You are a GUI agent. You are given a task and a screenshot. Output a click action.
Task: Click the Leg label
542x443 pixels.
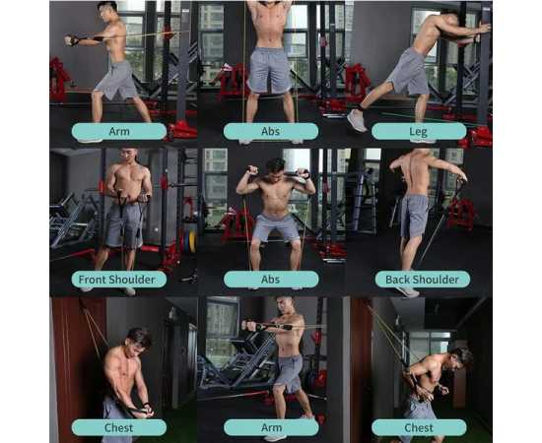(x=419, y=132)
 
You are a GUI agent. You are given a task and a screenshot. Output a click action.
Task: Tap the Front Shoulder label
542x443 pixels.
(x=118, y=280)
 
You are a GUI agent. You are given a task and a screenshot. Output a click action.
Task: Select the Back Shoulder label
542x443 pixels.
(x=423, y=280)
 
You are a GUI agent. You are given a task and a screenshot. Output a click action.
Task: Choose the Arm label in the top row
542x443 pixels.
(x=119, y=132)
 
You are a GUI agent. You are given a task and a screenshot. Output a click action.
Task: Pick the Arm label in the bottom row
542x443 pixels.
(x=271, y=428)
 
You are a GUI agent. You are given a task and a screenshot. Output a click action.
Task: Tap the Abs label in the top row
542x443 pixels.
(x=271, y=132)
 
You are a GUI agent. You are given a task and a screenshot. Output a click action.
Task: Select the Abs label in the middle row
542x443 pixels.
(x=271, y=280)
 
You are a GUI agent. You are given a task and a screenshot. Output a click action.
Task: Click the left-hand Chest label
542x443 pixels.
(x=119, y=428)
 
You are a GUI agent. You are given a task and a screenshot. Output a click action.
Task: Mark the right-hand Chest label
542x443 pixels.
(x=419, y=428)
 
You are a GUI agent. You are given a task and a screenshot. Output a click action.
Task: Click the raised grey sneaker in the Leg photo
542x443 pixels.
(x=357, y=120)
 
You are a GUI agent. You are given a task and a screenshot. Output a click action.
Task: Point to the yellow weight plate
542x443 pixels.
(x=192, y=239)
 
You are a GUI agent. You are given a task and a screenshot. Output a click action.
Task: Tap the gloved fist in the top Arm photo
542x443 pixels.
(x=71, y=40)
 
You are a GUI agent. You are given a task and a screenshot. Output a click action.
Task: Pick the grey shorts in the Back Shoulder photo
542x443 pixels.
(x=414, y=216)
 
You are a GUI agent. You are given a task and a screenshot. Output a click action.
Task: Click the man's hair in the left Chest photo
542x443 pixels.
(x=139, y=336)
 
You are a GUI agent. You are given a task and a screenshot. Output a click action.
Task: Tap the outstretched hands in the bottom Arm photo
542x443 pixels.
(x=250, y=325)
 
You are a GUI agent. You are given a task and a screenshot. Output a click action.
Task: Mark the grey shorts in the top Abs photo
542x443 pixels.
(x=270, y=71)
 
